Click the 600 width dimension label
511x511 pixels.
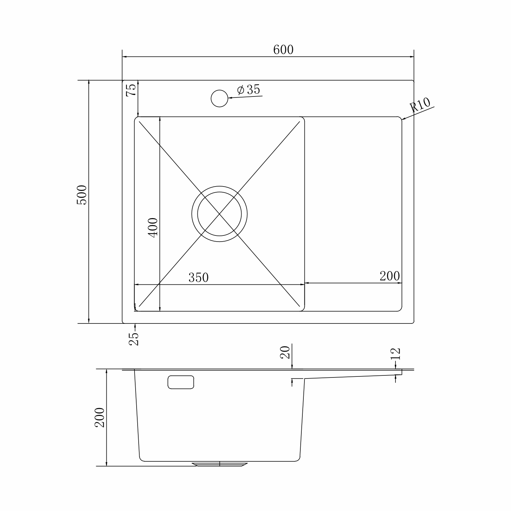[283, 50]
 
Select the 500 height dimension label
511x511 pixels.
[82, 195]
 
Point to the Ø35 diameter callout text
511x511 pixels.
[248, 90]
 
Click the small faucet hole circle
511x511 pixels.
[219, 98]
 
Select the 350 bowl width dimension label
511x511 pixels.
[198, 278]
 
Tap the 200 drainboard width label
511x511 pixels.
[390, 276]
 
